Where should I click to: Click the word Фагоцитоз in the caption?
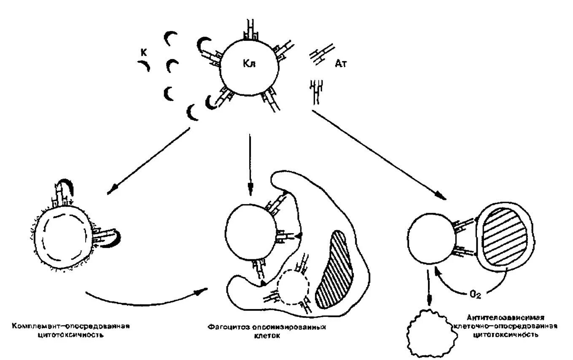coord(226,328)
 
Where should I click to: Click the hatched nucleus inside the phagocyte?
coord(336,270)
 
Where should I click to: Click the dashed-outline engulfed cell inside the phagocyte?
coord(292,286)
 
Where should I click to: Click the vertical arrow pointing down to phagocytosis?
coord(250,164)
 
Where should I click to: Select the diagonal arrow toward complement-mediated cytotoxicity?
coord(148,161)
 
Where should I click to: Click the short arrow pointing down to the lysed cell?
coord(429,287)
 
